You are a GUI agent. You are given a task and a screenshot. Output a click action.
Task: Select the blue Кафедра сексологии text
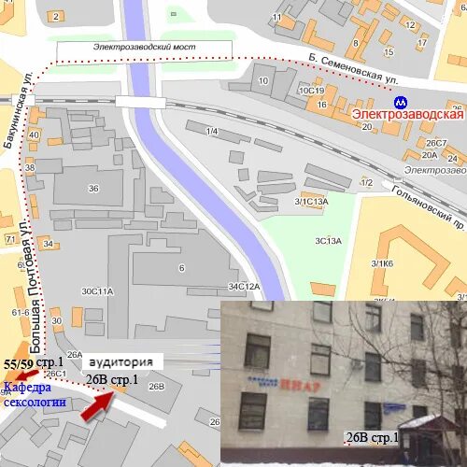(x=35, y=395)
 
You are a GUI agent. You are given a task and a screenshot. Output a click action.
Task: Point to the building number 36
(x=93, y=189)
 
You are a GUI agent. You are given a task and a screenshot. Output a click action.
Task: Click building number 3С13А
(x=327, y=240)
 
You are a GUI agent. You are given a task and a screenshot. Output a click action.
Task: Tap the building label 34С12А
(x=243, y=286)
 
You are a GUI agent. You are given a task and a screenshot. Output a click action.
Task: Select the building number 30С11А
(x=96, y=291)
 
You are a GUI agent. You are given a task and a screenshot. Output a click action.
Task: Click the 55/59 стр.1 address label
(x=33, y=362)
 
